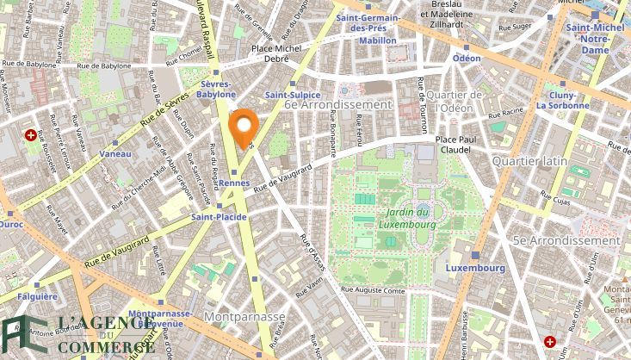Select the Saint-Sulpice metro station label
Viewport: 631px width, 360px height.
[293, 95]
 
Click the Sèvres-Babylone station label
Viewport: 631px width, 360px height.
[217, 90]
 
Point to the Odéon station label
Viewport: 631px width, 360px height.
[467, 58]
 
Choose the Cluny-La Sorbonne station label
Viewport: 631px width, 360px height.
[563, 100]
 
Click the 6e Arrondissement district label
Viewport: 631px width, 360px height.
[337, 103]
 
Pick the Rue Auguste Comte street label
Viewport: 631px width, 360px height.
[374, 291]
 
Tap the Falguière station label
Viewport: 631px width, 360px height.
[36, 295]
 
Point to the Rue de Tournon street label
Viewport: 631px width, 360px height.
[424, 106]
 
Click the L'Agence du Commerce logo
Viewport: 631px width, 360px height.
[77, 335]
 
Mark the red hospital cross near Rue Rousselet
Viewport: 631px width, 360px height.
[31, 135]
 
